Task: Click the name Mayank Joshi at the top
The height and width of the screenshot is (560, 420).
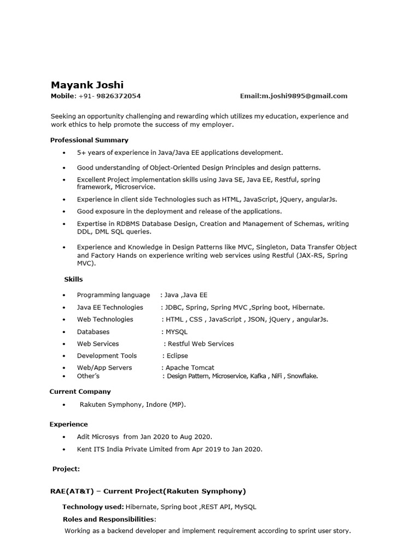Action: point(87,85)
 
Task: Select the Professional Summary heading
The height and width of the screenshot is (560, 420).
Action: point(89,140)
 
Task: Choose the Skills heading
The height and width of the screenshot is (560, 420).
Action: point(73,279)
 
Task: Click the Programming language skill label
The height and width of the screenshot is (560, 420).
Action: point(113,295)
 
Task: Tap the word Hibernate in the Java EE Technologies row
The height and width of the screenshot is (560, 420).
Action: point(307,307)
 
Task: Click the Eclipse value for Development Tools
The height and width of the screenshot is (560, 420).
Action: point(178,355)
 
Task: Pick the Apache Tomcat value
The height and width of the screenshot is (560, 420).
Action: point(190,367)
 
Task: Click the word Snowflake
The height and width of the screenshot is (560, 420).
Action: point(302,376)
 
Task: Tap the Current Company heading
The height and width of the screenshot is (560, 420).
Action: point(80,391)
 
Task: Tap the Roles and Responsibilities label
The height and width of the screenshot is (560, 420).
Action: point(109,519)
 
